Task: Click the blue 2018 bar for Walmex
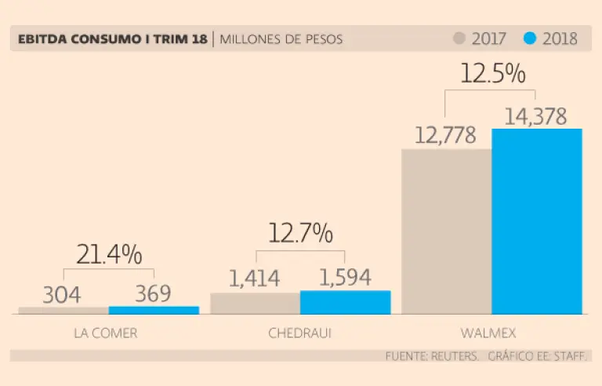(x=537, y=221)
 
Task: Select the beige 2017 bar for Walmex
(x=446, y=231)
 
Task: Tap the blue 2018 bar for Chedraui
(x=345, y=303)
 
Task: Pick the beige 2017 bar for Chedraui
(x=255, y=304)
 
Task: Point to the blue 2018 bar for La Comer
(x=154, y=310)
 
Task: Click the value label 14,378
(x=536, y=115)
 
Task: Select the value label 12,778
(x=446, y=135)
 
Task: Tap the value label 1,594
(x=345, y=277)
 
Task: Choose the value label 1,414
(x=256, y=278)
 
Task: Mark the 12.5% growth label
(x=491, y=74)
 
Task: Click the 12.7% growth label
(x=300, y=233)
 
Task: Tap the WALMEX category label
(x=491, y=333)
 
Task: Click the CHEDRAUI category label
(x=300, y=333)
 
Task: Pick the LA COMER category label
(x=105, y=333)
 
